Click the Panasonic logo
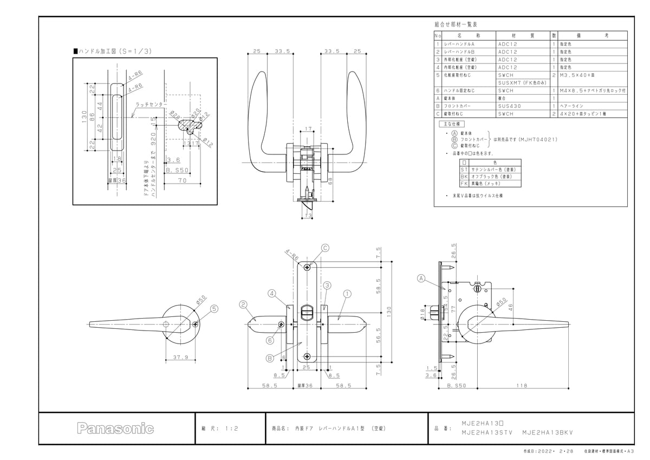point(115,429)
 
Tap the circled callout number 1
point(347,293)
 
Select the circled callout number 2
point(244,304)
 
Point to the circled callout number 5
point(214,309)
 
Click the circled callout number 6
point(269,340)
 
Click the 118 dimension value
point(522,385)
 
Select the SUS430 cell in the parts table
point(509,107)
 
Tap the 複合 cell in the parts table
point(501,99)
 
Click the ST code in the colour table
point(464,170)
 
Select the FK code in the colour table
point(464,184)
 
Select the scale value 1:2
point(231,428)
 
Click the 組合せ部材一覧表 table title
point(456,25)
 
